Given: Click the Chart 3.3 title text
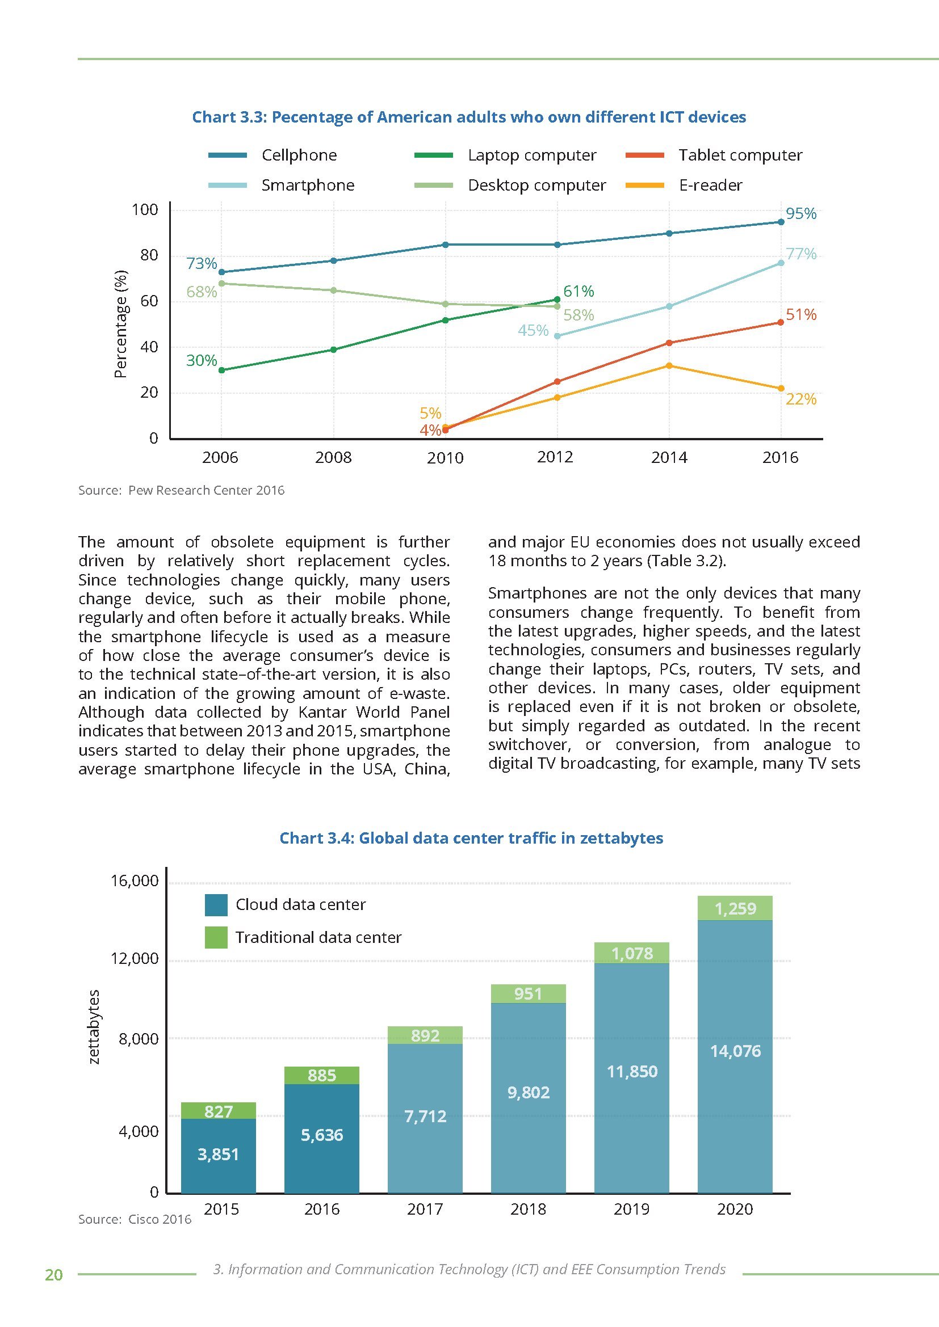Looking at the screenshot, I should (469, 117).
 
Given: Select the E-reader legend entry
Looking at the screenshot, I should (710, 186).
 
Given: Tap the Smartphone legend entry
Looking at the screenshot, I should (308, 186).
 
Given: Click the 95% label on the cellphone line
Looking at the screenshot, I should (801, 214).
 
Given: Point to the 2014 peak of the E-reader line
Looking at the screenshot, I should (669, 365).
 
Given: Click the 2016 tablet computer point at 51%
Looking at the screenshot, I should (781, 322).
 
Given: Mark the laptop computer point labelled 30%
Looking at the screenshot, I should (221, 370).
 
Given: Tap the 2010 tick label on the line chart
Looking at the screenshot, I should (445, 458).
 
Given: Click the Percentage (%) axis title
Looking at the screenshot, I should (120, 323).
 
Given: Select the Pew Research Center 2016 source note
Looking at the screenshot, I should (182, 490).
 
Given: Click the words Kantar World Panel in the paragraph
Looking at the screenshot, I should (374, 712).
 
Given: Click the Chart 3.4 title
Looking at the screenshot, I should (471, 838).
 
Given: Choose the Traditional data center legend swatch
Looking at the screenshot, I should (216, 937).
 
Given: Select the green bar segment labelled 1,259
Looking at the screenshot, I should (735, 908).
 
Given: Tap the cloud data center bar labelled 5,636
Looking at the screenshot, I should (321, 1136).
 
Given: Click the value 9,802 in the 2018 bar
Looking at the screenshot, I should (528, 1092).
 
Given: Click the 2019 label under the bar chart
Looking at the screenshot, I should (631, 1209).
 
